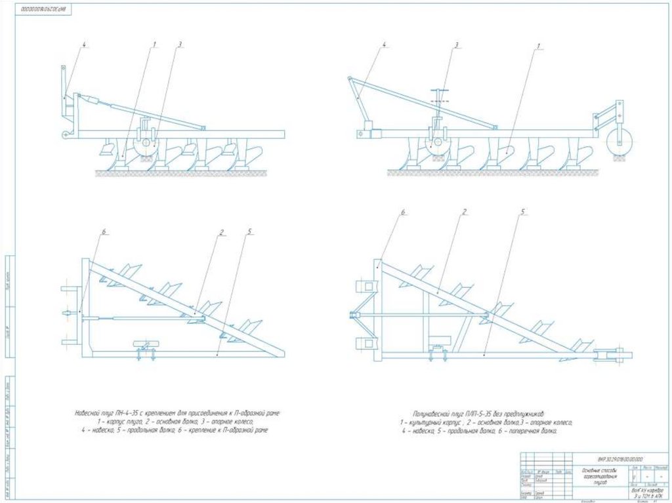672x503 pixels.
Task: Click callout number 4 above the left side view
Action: (x=85, y=45)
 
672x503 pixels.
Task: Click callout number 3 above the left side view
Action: (x=180, y=45)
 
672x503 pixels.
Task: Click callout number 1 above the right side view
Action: (x=538, y=46)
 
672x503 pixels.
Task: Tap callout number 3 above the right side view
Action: (x=455, y=45)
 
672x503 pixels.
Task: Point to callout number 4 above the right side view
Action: (x=384, y=45)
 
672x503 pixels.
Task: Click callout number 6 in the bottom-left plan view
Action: (x=103, y=231)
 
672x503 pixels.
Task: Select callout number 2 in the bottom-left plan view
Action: (x=222, y=231)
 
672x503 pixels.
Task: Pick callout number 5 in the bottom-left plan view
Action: (x=249, y=231)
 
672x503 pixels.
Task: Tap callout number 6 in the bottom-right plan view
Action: (x=404, y=212)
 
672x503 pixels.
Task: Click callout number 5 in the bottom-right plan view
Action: (x=523, y=212)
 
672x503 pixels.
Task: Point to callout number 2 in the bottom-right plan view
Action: (x=464, y=212)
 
